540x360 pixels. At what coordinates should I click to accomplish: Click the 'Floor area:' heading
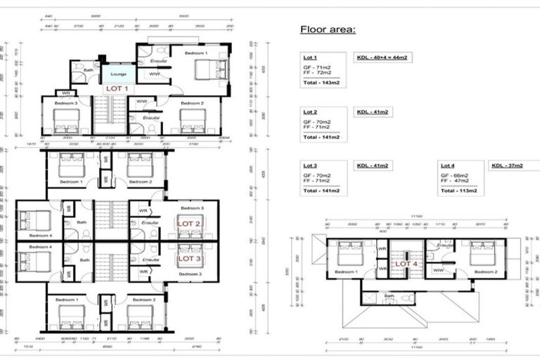pos(328,30)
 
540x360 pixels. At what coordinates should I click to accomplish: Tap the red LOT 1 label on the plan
pos(117,89)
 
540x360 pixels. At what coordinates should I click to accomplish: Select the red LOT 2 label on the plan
pos(189,223)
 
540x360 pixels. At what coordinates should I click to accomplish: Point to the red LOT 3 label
pos(189,258)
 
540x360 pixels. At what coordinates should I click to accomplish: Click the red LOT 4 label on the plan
pos(406,264)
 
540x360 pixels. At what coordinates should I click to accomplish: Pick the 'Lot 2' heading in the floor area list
pos(310,112)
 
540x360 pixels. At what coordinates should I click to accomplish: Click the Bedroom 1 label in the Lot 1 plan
pos(196,53)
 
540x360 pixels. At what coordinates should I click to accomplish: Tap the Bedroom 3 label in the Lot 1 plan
pos(66,103)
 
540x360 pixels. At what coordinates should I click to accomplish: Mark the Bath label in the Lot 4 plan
pos(390,296)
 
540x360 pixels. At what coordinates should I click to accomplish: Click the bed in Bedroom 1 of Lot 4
pos(347,253)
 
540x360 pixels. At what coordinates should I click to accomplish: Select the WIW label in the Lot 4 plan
pos(437,270)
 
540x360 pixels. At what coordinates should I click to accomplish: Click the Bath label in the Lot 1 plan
pos(89,70)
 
